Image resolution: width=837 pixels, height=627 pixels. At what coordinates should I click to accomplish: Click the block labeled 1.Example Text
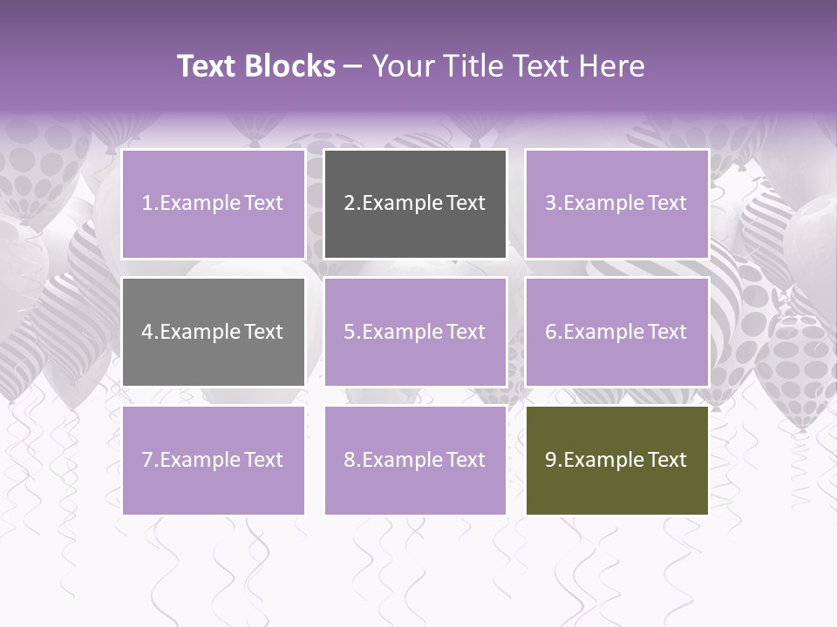213,204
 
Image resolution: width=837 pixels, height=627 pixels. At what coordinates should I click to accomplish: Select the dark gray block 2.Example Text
415,204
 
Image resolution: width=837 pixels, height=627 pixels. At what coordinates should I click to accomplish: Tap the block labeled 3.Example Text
616,204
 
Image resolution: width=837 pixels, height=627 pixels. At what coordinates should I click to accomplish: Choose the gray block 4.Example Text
213,332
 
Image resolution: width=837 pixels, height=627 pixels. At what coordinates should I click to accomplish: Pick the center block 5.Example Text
415,332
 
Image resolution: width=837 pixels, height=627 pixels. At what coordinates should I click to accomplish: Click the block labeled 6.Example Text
616,332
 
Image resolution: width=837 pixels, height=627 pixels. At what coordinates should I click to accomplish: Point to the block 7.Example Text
213,460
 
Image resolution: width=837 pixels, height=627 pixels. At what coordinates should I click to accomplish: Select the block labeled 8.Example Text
415,460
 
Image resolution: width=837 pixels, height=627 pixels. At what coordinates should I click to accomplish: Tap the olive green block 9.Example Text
616,460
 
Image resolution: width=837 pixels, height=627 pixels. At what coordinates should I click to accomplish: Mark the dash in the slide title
353,66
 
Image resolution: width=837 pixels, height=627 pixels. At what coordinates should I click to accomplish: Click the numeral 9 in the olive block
551,460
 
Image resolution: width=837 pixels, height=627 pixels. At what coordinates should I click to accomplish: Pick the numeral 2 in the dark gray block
350,204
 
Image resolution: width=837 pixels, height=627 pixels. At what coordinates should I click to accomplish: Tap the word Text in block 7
262,460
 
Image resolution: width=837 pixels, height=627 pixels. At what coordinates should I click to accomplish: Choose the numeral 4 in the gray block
147,332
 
